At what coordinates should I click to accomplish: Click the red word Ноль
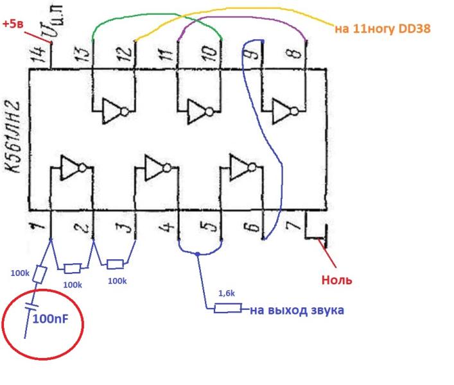pos(337,280)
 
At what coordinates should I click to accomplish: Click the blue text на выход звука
pos(297,311)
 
